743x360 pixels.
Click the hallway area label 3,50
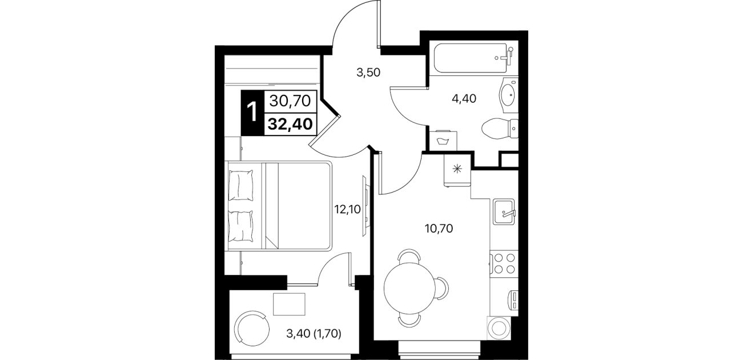coord(368,73)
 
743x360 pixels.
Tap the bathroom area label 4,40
coord(464,98)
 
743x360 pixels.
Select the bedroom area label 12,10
coord(347,209)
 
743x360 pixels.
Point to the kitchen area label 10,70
coord(439,228)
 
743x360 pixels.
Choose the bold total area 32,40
coord(290,124)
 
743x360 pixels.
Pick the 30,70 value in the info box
coord(290,101)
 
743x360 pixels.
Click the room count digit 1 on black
coord(252,113)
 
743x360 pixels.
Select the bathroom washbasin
coord(508,94)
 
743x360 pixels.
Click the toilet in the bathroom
coord(500,129)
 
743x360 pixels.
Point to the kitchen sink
coord(504,211)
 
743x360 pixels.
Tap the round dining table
coord(409,288)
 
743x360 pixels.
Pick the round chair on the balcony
coord(252,328)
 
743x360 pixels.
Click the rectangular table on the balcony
coord(289,304)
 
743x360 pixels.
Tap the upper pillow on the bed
coord(241,185)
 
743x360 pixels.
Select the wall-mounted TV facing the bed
coord(365,206)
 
